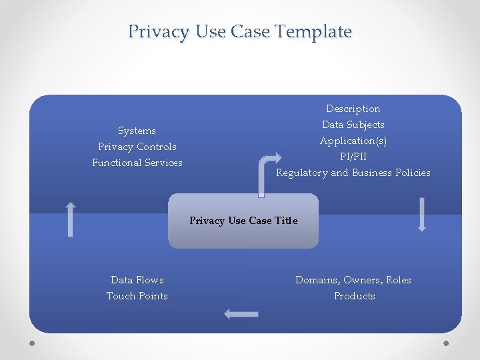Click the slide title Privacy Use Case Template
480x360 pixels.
point(240,31)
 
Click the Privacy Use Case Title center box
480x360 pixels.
point(243,221)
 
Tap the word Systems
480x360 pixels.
point(137,131)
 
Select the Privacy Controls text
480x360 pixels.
point(137,147)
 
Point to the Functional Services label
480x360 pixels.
point(137,163)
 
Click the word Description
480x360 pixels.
point(353,109)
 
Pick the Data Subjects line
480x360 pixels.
point(353,125)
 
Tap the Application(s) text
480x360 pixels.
point(353,141)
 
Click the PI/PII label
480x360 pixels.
point(353,157)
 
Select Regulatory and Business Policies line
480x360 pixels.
point(353,173)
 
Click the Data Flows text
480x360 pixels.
point(137,280)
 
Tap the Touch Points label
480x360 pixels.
point(137,296)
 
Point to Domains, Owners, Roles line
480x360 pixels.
point(353,280)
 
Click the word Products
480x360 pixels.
point(355,296)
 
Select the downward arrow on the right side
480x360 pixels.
point(421,215)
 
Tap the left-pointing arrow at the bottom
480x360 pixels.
point(241,313)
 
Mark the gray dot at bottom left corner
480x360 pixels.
point(33,343)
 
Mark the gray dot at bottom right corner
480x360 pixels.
point(446,343)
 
